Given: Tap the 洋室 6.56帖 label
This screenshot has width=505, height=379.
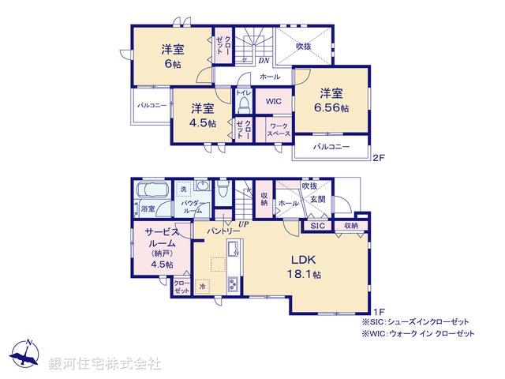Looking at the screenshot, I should pos(331,100).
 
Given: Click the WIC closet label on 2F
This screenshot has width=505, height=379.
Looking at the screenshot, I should pos(273,102).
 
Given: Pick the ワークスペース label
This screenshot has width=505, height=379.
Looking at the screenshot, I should pos(277,131).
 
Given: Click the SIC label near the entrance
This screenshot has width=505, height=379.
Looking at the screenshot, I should pos(317,226).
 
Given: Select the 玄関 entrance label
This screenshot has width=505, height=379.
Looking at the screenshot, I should pos(316,201).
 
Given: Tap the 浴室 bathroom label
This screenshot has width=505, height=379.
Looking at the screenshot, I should pos(148,208).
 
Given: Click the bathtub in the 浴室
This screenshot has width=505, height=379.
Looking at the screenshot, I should pos(148,191).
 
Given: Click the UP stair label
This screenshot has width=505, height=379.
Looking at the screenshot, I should pos(245,224).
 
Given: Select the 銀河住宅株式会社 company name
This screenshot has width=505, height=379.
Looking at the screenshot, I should pos(104,364).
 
